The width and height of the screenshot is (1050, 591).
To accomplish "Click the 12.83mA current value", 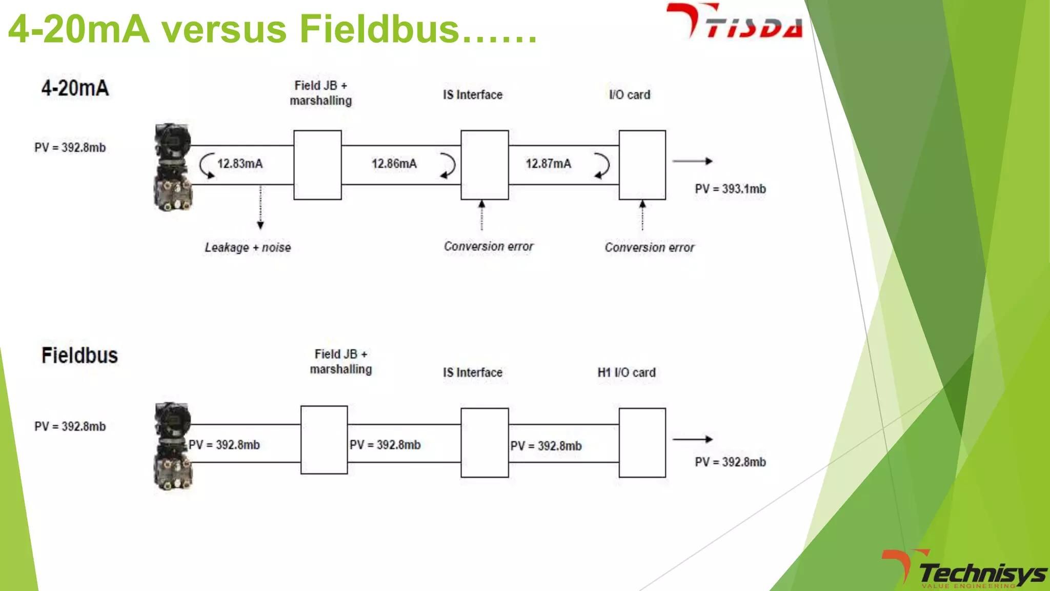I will [239, 164].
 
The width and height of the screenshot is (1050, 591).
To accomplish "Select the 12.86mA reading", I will [394, 164].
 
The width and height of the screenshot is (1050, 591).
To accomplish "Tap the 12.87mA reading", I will [548, 164].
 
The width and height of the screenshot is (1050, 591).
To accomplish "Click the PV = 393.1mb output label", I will [730, 189].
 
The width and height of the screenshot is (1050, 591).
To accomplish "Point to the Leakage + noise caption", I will [248, 247].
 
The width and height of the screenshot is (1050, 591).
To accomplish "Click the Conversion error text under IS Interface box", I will [489, 246].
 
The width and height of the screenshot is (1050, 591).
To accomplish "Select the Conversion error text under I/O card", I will [649, 247].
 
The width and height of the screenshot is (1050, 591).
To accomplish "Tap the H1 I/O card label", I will [626, 372].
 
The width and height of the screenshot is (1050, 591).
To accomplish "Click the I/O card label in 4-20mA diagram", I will [629, 95].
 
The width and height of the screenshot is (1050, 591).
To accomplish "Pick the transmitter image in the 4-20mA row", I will [173, 167].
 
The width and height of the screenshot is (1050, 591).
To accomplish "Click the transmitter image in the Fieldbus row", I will [173, 445].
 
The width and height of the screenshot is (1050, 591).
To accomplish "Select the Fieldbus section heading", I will [79, 356].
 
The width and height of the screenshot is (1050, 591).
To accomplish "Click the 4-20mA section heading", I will [75, 88].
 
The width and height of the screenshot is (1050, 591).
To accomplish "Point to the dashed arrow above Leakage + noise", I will [260, 207].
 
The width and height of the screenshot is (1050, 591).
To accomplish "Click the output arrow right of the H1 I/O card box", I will [692, 439].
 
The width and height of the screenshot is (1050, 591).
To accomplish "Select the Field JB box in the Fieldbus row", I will [324, 440].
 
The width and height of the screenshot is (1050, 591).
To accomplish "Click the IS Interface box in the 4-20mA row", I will [484, 165].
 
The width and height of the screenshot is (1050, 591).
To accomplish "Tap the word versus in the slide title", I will [225, 29].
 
